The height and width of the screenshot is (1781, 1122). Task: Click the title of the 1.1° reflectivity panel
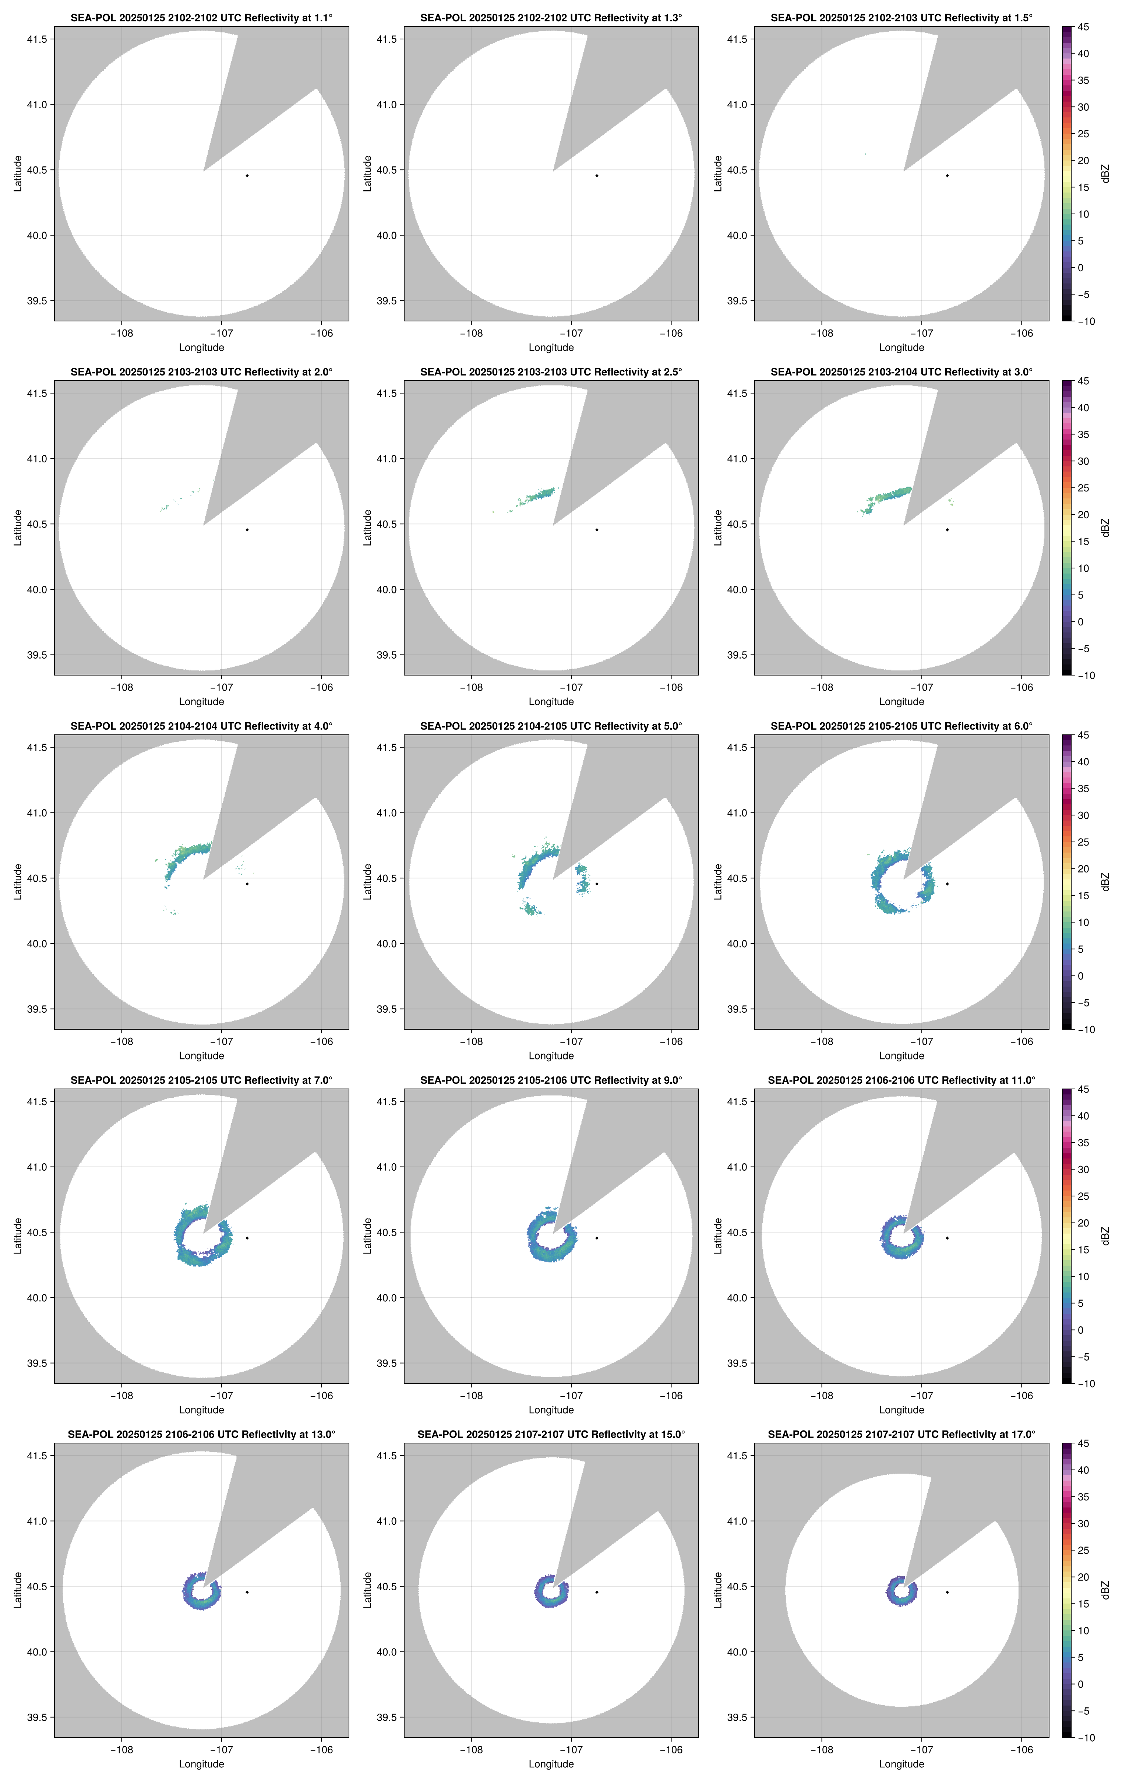click(201, 18)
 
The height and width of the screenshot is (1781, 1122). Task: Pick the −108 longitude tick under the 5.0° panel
click(471, 1041)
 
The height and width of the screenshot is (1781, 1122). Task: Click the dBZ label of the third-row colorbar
click(1105, 882)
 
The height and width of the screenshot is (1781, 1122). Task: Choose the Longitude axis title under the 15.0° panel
click(551, 1764)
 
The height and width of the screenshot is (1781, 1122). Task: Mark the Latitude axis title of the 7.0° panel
click(18, 1236)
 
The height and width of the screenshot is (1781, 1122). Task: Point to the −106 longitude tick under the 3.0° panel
click(1022, 687)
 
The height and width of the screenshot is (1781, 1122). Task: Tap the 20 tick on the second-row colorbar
click(1083, 515)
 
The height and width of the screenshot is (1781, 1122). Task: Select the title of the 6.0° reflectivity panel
click(901, 726)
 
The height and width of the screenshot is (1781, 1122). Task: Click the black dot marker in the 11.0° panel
click(947, 1238)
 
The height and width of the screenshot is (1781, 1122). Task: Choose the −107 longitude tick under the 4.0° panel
click(221, 1041)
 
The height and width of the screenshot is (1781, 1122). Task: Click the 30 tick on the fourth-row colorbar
click(1083, 1169)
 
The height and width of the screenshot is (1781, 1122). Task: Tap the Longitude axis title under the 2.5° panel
click(551, 701)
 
